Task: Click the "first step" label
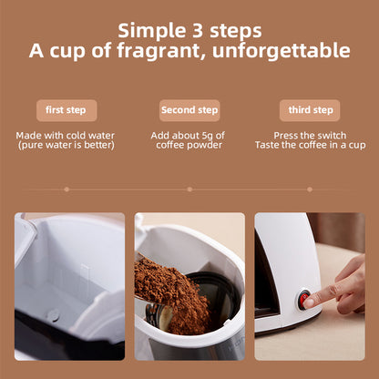pos(66,110)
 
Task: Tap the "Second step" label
pos(189,110)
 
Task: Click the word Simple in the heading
pos(152,31)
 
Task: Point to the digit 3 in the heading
pos(195,31)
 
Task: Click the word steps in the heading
pos(234,31)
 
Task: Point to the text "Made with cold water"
pos(66,135)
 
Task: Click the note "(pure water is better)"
pos(66,145)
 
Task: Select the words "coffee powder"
pos(189,145)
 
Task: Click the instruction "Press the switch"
pos(309,135)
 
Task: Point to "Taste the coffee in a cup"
pos(309,145)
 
